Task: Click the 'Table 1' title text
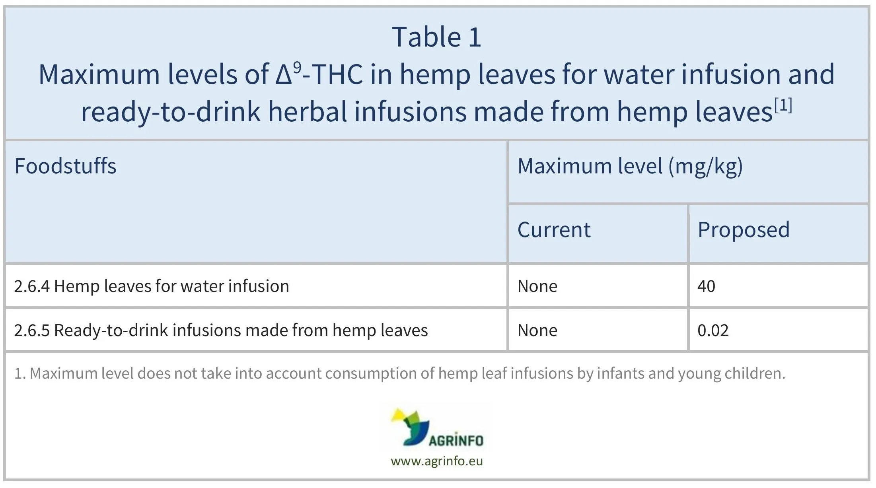tap(437, 37)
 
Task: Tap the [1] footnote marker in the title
tap(783, 105)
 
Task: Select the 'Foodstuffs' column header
tap(65, 166)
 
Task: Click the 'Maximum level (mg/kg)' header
tap(630, 166)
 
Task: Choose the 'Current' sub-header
tap(554, 230)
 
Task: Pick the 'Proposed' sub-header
tap(744, 230)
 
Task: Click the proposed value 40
tap(706, 286)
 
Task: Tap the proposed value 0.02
tap(713, 331)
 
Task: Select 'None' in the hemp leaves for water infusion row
tap(537, 286)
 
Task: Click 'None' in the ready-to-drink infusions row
tap(537, 331)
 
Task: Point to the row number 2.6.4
tap(32, 286)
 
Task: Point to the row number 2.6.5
tap(32, 331)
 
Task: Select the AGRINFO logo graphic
tap(437, 428)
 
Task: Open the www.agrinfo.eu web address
tap(437, 461)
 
